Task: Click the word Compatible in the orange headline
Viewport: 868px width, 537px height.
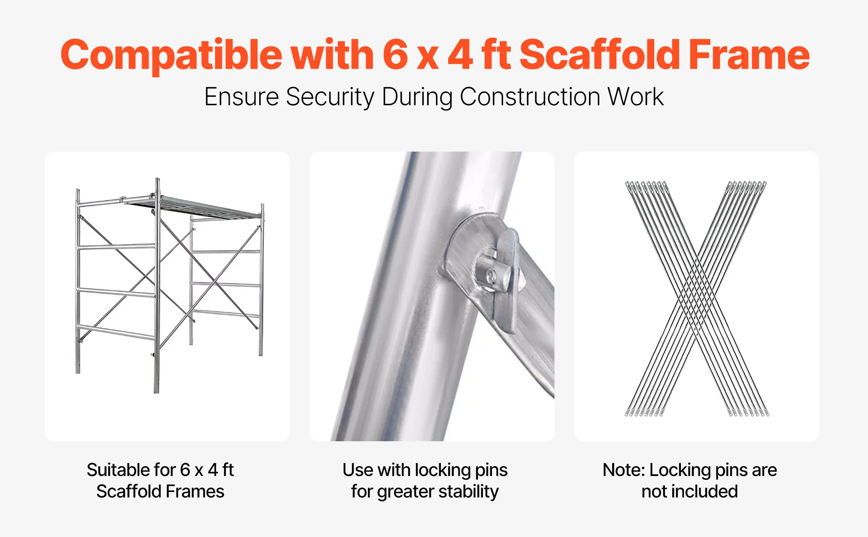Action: coord(171,55)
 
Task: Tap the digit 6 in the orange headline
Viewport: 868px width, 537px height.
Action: coord(395,54)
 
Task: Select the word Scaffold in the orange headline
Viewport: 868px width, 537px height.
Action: coord(600,54)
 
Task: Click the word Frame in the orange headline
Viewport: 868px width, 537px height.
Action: coord(749,54)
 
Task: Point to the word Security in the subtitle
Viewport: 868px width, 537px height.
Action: coord(330,98)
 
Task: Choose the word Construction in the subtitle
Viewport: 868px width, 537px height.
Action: coord(530,97)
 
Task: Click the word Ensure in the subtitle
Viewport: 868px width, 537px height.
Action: coord(242,97)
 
